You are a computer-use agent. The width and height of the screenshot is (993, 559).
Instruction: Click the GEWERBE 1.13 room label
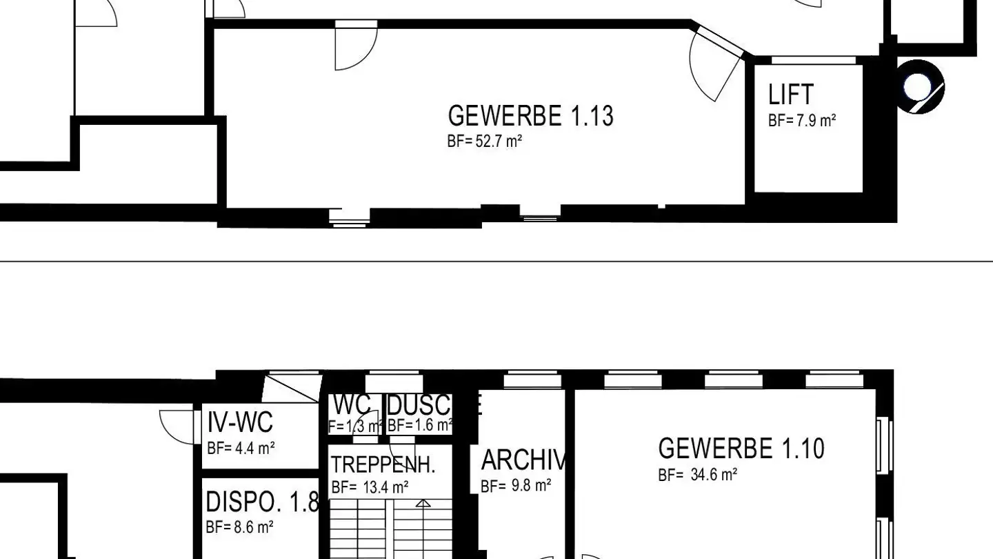(x=530, y=116)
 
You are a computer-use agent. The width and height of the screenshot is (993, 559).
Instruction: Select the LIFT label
(x=790, y=95)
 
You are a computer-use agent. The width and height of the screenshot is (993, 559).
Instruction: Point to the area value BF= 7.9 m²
(x=802, y=121)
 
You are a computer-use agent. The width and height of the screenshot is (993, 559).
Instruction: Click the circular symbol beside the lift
(x=920, y=88)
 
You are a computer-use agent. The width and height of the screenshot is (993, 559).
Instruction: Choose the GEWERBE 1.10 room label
(x=741, y=449)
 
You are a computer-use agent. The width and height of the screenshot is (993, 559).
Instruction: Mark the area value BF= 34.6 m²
(x=698, y=475)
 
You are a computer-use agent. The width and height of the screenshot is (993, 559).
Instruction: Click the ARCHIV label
(x=523, y=460)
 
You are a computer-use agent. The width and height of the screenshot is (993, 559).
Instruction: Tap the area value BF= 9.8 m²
(x=516, y=486)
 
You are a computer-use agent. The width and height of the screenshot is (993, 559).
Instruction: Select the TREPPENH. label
(x=383, y=464)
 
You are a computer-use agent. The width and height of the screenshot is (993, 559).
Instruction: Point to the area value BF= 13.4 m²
(x=370, y=487)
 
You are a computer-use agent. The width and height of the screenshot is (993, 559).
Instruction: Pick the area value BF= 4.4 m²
(x=241, y=448)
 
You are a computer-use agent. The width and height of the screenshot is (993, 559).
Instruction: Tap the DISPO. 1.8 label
(x=262, y=503)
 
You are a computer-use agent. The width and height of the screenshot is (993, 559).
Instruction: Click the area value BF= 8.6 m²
(x=239, y=528)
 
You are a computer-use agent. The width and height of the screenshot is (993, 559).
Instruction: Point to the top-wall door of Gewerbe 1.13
(x=356, y=46)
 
